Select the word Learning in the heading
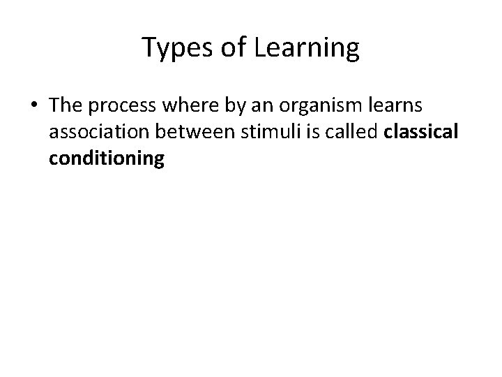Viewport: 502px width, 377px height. point(309,49)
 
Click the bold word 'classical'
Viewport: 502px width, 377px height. point(421,133)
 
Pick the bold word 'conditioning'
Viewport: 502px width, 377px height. point(107,159)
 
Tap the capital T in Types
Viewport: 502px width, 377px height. point(149,47)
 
